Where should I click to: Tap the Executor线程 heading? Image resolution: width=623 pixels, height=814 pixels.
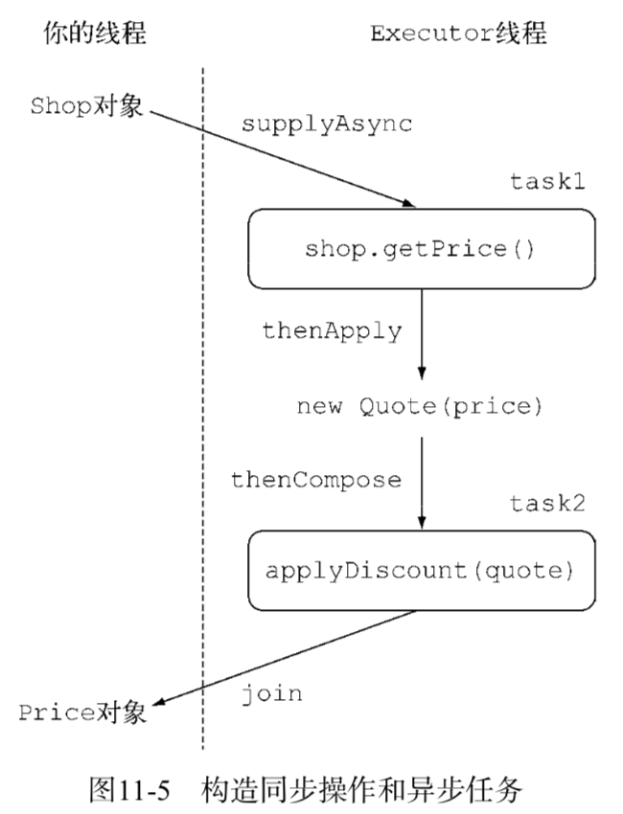click(x=458, y=34)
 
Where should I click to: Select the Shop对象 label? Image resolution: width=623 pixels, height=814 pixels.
click(x=87, y=105)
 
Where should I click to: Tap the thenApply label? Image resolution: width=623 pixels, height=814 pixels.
click(x=332, y=330)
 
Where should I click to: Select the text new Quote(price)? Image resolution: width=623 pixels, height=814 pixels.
click(x=420, y=406)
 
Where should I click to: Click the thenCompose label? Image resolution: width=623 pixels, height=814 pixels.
click(x=315, y=480)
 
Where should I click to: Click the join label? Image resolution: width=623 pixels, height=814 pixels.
click(x=272, y=692)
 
